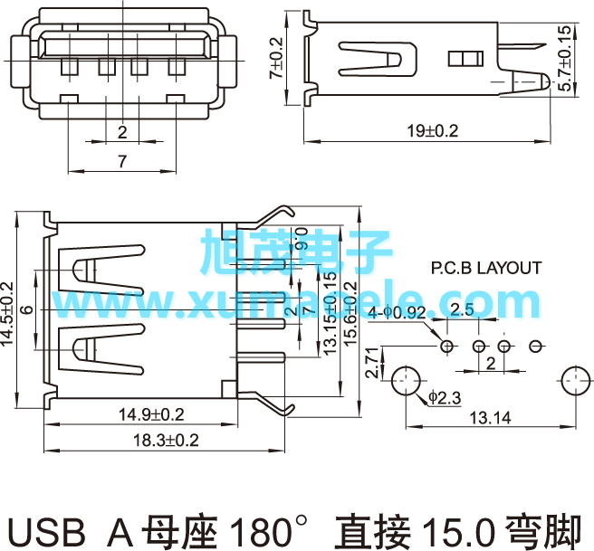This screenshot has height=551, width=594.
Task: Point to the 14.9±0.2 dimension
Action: click(151, 415)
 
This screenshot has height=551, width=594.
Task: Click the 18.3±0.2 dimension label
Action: click(166, 441)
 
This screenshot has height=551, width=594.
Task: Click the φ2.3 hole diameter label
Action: click(445, 397)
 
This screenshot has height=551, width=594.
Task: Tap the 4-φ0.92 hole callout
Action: click(398, 312)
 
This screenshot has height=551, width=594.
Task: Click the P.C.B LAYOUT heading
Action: click(485, 269)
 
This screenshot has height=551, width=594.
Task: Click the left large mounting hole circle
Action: click(406, 381)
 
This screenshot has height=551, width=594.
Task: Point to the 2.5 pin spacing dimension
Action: click(462, 310)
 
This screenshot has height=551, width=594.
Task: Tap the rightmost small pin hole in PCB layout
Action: click(536, 346)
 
